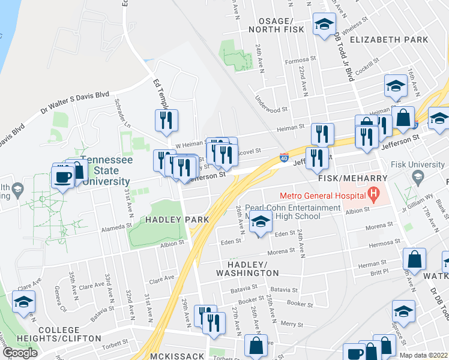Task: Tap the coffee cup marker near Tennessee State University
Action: pyautogui.click(x=62, y=177)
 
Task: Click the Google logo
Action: pyautogui.click(x=20, y=353)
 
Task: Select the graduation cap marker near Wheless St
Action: pyautogui.click(x=324, y=25)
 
